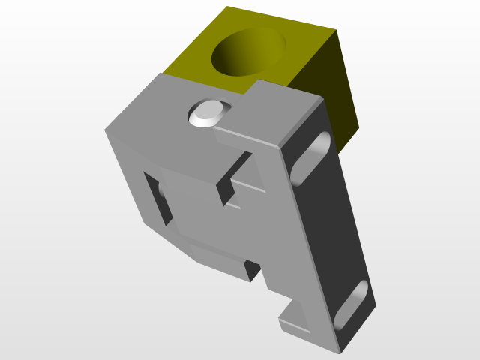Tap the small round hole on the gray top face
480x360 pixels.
(x=207, y=113)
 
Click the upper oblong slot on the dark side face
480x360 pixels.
(x=310, y=158)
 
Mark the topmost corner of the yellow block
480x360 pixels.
(x=227, y=7)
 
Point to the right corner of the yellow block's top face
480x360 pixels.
(x=335, y=31)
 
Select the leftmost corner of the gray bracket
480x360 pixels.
(x=105, y=130)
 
